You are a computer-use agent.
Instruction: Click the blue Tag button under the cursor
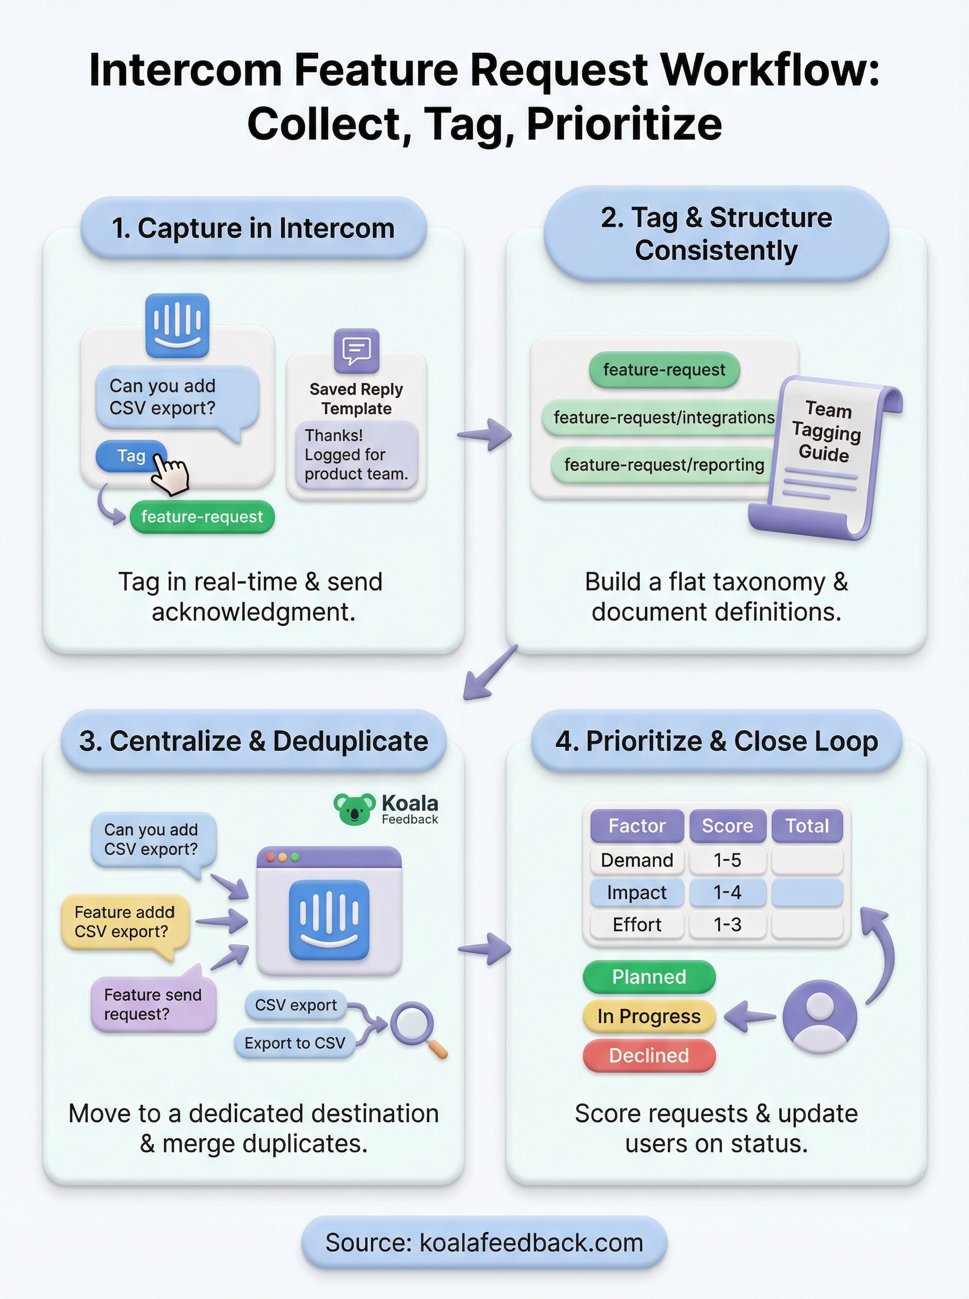coord(130,456)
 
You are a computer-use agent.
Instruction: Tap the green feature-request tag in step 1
coord(202,516)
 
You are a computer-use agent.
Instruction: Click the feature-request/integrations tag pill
coord(663,417)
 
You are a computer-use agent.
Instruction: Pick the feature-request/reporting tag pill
coord(663,465)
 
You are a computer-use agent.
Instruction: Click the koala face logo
coord(354,809)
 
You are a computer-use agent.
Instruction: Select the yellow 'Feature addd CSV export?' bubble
coord(124,922)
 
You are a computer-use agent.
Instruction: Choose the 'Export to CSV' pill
coord(295,1043)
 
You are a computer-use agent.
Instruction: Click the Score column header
coord(727,826)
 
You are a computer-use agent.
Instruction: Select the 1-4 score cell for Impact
coord(727,892)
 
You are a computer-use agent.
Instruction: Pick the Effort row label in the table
coord(636,924)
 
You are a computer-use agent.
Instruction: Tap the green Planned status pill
coord(649,977)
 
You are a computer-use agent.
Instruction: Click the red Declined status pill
coord(649,1055)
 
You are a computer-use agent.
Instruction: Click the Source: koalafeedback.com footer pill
coord(484,1243)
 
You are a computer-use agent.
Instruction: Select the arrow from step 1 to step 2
coord(484,435)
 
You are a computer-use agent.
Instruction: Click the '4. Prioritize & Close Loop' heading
coord(716,741)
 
